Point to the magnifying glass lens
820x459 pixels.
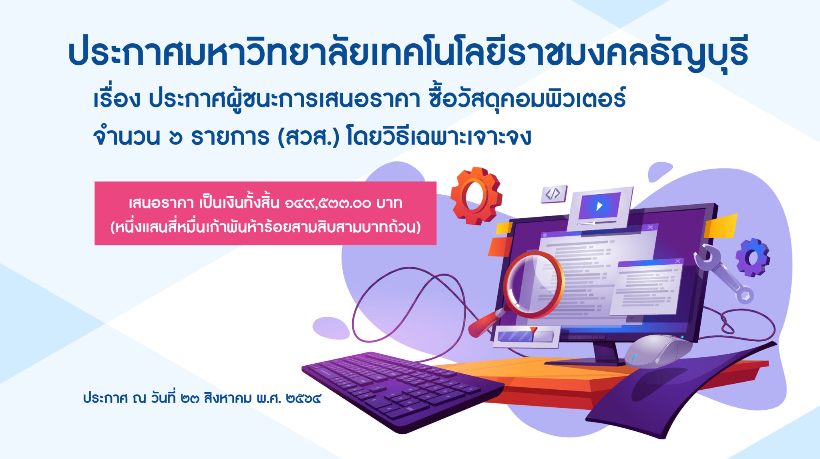(533, 284)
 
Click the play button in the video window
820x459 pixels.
(599, 206)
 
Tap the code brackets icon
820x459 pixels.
(553, 194)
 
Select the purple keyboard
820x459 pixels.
(402, 391)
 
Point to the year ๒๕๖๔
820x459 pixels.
(303, 399)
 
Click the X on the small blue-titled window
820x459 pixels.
(677, 261)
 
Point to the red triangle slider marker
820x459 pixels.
(533, 330)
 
